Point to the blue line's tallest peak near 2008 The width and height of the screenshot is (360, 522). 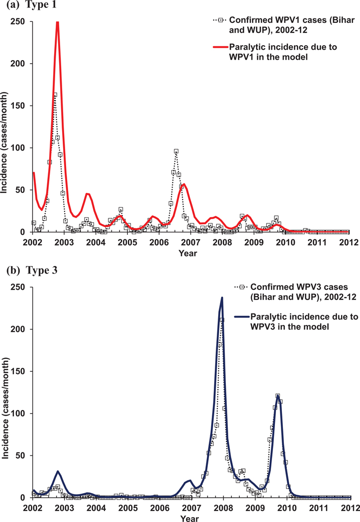pos(222,298)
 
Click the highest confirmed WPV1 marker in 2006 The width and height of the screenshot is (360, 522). pos(176,151)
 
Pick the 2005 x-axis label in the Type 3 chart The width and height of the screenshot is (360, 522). pos(127,508)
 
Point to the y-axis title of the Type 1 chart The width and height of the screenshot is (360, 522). pos(6,127)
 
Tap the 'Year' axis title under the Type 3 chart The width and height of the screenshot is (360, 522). pos(189,518)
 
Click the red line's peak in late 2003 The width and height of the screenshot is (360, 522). pos(87,194)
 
